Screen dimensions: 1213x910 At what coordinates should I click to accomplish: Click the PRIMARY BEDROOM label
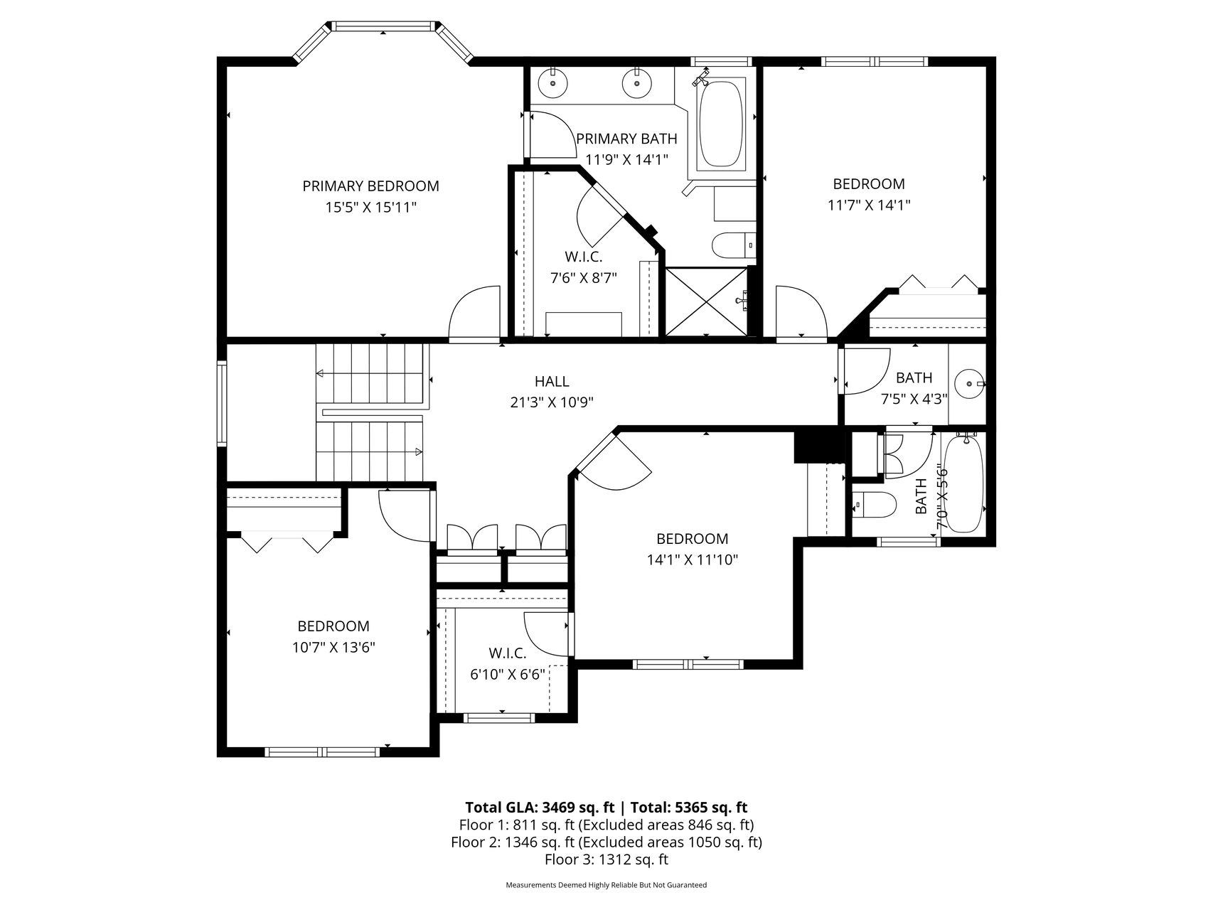point(370,186)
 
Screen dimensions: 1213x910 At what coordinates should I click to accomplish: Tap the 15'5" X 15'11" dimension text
point(370,208)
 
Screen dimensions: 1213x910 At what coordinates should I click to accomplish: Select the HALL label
point(552,382)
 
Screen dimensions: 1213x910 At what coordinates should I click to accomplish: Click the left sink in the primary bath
point(552,83)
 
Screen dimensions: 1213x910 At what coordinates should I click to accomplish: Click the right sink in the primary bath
point(636,83)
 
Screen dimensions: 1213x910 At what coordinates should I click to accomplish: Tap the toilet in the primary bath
point(733,245)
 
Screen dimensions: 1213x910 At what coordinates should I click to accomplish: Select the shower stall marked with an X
point(705,301)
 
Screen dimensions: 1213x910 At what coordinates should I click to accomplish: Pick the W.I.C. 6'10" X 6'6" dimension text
point(508,675)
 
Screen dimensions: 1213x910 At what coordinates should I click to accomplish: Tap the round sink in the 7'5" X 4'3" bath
point(968,384)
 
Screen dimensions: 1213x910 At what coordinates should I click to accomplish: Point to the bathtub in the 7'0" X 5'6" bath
point(963,483)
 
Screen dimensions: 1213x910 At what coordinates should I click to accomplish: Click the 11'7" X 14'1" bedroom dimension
point(869,205)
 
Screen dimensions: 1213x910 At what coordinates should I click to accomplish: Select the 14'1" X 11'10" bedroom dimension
point(693,560)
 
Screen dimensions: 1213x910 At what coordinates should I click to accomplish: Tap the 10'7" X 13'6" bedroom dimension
point(333,648)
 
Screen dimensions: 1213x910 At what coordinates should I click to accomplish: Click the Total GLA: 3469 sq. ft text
point(540,807)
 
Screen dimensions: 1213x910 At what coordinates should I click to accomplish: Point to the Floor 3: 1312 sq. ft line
point(606,860)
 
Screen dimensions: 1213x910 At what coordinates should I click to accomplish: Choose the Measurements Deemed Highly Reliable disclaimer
point(606,885)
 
